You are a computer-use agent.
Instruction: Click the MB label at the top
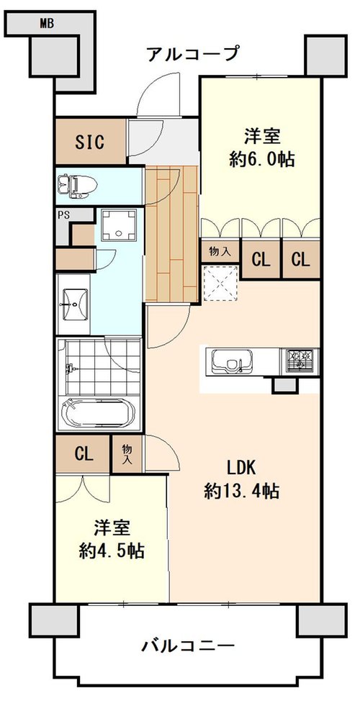pos(47,24)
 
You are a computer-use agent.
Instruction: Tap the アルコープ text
pos(192,55)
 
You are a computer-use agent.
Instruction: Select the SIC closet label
pos(90,142)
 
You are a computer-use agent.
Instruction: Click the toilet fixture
pos(78,186)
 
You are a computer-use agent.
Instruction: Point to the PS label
pos(63,214)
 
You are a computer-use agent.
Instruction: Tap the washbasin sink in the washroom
pos(73,304)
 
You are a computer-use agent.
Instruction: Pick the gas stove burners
pos(300,361)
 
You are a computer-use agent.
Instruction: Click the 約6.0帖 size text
pos(262,159)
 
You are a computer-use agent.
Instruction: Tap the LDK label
pos(241,469)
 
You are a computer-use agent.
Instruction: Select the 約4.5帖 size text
pos(112,550)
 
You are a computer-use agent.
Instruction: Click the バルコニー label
pos(189,647)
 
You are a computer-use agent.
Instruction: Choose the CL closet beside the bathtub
pos(84,454)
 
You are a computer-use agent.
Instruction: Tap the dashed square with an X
pos(221,284)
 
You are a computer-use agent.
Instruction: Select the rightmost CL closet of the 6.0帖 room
pos(300,259)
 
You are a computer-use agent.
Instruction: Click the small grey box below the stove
pos(285,386)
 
